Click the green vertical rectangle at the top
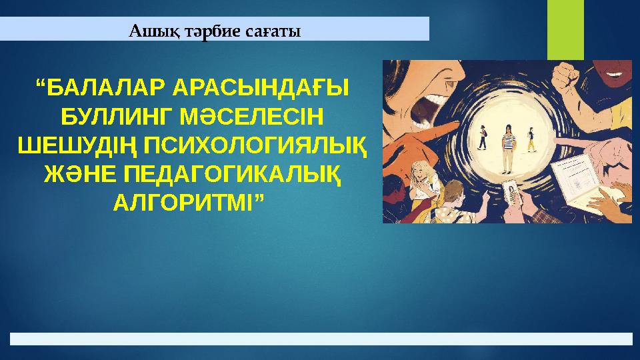565,30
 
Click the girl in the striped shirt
508,145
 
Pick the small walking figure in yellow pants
531,140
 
